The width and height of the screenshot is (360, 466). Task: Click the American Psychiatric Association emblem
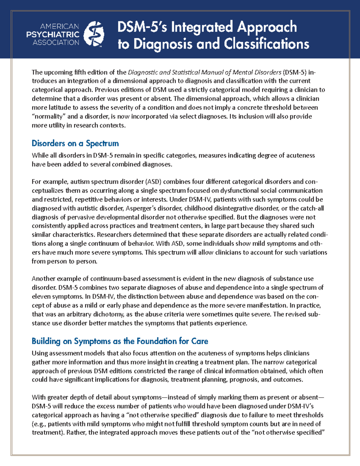[x=94, y=34]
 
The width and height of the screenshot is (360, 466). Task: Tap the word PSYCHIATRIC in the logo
[x=53, y=35]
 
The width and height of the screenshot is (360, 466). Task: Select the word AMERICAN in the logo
[x=59, y=26]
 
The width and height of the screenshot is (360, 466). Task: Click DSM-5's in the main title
[x=142, y=27]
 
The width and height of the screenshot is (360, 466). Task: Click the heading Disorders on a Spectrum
[x=75, y=143]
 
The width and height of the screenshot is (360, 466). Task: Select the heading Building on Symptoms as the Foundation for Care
[x=120, y=341]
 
